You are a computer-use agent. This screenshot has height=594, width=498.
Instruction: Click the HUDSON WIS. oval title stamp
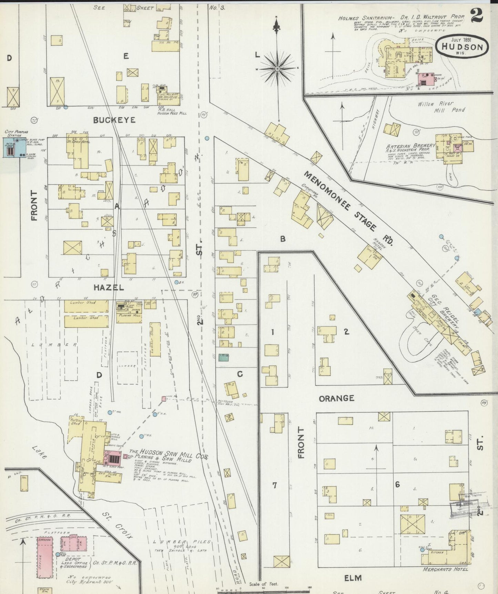(462, 47)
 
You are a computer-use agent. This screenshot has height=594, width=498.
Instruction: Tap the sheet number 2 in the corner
(477, 15)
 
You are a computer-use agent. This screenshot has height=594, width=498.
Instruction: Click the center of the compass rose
(277, 69)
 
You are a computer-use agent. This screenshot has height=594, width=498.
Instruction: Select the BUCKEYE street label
(114, 120)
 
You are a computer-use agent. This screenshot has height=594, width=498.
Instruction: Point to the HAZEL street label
(108, 287)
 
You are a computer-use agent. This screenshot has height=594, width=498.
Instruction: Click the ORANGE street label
(336, 399)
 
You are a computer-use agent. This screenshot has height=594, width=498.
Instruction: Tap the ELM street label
(353, 577)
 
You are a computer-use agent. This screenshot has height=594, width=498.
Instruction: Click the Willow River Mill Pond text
(441, 107)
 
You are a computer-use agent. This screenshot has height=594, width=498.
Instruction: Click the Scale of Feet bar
(264, 590)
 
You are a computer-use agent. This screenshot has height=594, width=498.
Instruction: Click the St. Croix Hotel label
(76, 141)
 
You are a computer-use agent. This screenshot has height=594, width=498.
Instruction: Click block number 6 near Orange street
(397, 484)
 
